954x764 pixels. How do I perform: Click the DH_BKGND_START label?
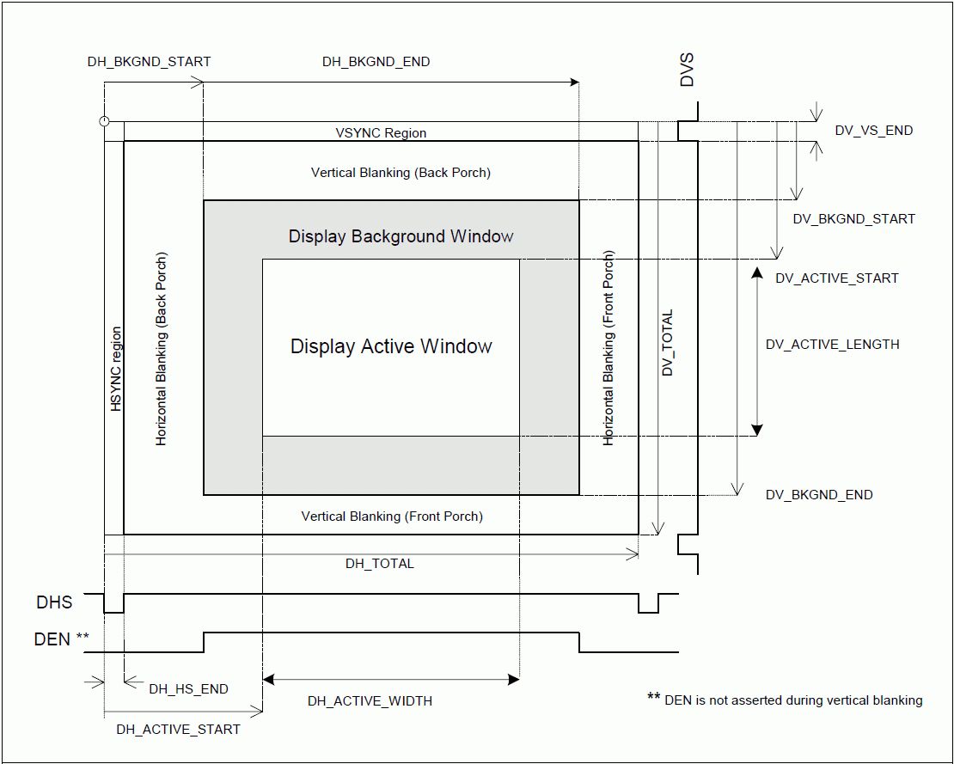pos(149,62)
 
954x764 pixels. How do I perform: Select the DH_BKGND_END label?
pos(376,62)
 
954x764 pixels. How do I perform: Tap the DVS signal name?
pos(687,70)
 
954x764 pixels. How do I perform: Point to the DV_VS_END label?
pos(873,131)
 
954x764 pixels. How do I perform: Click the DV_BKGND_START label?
pos(853,219)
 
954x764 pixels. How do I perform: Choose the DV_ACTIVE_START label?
pos(836,278)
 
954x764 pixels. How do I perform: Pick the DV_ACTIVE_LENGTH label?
pos(832,345)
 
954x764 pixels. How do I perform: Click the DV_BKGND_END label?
pos(819,495)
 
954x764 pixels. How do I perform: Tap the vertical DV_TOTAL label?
pos(668,343)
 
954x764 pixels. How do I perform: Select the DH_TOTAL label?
pos(379,564)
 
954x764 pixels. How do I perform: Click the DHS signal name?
pos(54,603)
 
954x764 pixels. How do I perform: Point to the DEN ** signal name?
pos(61,639)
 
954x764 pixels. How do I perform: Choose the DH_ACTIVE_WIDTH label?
pos(370,701)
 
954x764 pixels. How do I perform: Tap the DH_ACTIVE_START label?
pos(178,730)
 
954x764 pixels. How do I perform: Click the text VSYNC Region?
pos(381,133)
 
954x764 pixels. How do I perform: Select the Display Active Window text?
pos(391,346)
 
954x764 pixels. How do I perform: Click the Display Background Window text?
pos(401,236)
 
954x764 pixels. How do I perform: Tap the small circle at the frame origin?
pos(104,121)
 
